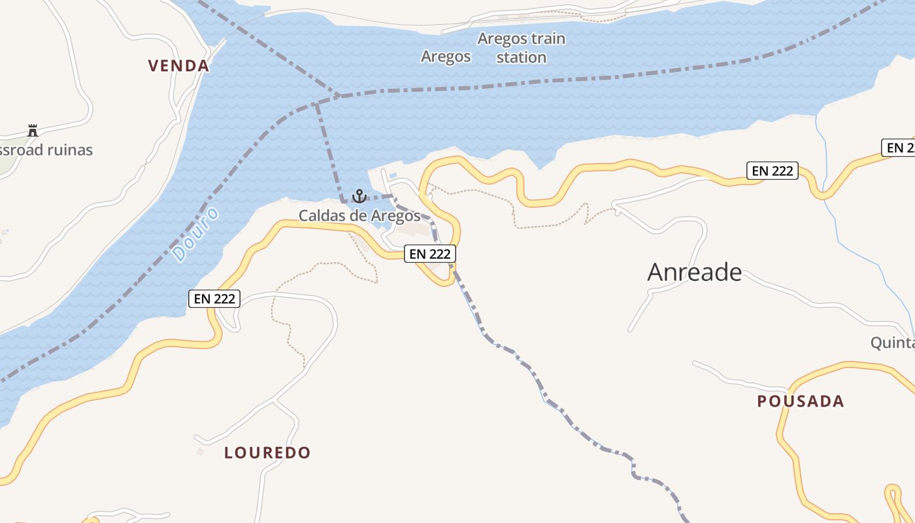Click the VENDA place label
pyautogui.click(x=178, y=65)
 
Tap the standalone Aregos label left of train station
pyautogui.click(x=446, y=56)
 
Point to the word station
pyautogui.click(x=521, y=58)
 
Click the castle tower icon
pyautogui.click(x=33, y=130)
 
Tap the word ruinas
pyautogui.click(x=67, y=150)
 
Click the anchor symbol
pyautogui.click(x=359, y=195)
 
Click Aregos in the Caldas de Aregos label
pyautogui.click(x=395, y=215)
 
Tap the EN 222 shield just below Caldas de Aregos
pyautogui.click(x=429, y=254)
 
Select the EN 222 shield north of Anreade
pyautogui.click(x=773, y=171)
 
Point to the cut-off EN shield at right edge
pyautogui.click(x=900, y=148)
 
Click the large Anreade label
pyautogui.click(x=694, y=272)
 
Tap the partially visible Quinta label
pyautogui.click(x=892, y=343)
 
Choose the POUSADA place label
pyautogui.click(x=800, y=401)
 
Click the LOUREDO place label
pyautogui.click(x=267, y=452)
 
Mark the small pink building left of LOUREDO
pyautogui.click(x=200, y=451)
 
